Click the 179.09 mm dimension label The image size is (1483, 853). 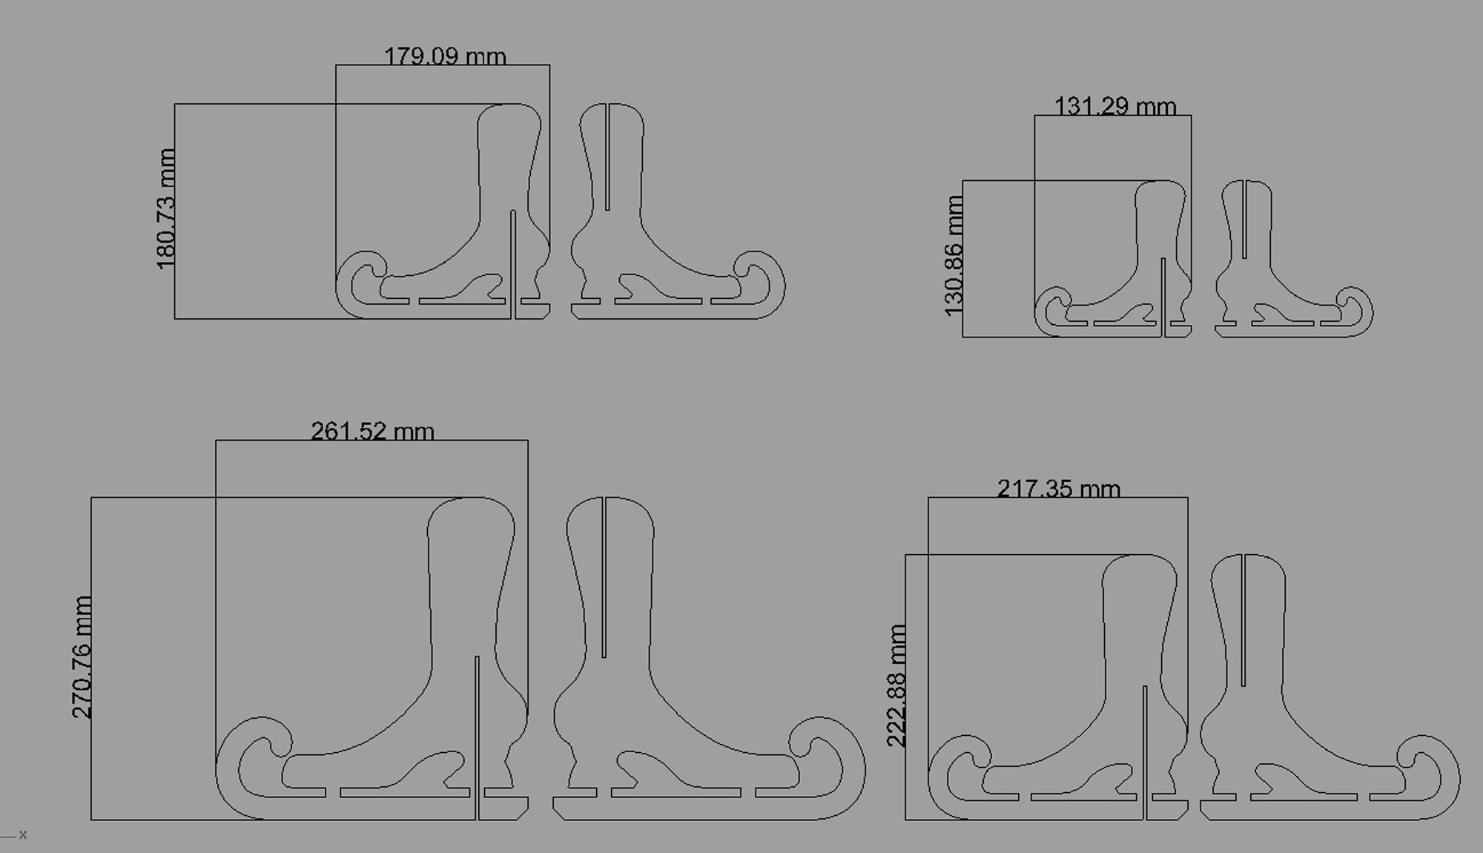445,56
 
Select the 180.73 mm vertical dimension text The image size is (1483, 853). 166,209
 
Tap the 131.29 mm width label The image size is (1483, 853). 1115,107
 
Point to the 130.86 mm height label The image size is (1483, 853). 954,256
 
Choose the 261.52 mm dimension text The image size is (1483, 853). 372,432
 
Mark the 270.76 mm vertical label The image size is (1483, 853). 82,657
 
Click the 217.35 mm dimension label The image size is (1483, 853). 1058,489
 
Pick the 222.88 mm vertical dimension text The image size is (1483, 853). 896,685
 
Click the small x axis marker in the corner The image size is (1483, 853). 23,835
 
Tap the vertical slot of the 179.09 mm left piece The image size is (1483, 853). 513,265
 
